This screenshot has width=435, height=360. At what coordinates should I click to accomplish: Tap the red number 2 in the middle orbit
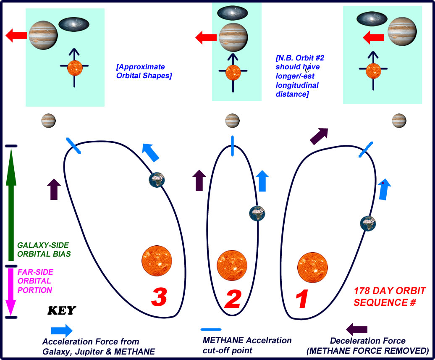click(x=232, y=299)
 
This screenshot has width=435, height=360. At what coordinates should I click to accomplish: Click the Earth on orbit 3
click(x=157, y=180)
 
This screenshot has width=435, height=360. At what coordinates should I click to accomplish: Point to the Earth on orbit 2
click(x=257, y=213)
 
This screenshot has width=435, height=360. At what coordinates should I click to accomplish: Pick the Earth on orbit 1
click(x=368, y=223)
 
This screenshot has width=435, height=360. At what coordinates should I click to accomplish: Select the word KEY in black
click(x=62, y=310)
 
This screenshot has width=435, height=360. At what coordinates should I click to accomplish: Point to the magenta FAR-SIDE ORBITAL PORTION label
click(x=35, y=281)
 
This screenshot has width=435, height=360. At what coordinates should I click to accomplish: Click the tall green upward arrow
click(x=11, y=206)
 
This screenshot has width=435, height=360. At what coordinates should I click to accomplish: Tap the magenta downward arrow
click(x=11, y=292)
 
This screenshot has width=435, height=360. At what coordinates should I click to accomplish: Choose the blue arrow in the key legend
click(x=61, y=330)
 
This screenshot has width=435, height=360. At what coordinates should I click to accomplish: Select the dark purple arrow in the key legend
click(x=357, y=329)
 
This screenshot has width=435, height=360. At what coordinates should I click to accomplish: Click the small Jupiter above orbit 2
click(x=232, y=121)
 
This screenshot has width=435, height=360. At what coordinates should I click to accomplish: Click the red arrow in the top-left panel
click(x=16, y=36)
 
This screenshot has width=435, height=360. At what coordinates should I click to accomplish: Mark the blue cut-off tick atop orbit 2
click(x=232, y=146)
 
